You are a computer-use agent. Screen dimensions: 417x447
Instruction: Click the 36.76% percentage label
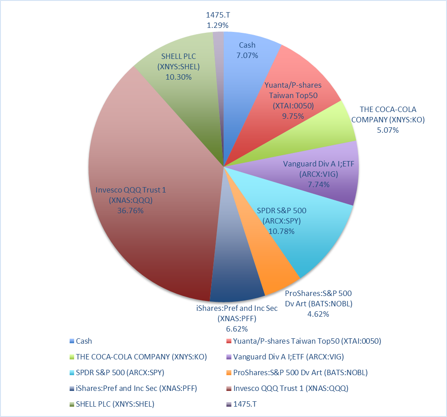pyautogui.click(x=130, y=210)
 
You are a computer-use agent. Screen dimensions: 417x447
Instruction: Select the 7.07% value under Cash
pyautogui.click(x=247, y=55)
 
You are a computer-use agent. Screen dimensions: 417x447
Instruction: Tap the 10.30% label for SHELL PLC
pyautogui.click(x=178, y=77)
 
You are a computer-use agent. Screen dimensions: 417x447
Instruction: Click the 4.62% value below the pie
pyautogui.click(x=319, y=314)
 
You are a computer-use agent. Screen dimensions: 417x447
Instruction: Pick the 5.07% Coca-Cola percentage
pyautogui.click(x=388, y=130)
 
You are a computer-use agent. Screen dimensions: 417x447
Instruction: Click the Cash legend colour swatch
pyautogui.click(x=72, y=341)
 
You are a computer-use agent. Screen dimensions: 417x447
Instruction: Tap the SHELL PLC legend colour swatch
pyautogui.click(x=72, y=404)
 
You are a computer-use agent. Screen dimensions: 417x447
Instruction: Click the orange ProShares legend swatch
pyautogui.click(x=230, y=372)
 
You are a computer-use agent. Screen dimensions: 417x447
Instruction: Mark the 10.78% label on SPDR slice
pyautogui.click(x=281, y=231)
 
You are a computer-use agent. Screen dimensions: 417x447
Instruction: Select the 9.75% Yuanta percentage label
pyautogui.click(x=293, y=116)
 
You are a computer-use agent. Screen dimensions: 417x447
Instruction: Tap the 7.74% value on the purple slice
pyautogui.click(x=319, y=184)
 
